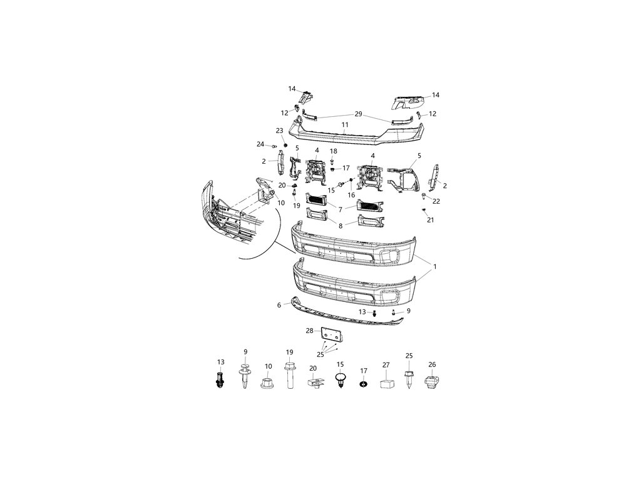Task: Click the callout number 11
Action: click(345, 124)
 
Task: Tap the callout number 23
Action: click(280, 131)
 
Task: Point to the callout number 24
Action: click(260, 144)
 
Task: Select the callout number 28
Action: click(309, 331)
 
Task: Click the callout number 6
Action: click(279, 305)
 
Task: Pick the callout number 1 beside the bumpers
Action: click(434, 267)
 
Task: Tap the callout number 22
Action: click(436, 201)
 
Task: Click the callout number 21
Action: click(430, 220)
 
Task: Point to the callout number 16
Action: click(351, 195)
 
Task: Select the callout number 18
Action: click(333, 151)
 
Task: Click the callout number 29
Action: click(358, 114)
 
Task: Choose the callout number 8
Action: click(341, 226)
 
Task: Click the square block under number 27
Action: click(386, 383)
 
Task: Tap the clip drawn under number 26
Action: click(431, 383)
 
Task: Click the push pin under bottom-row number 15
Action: click(341, 381)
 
